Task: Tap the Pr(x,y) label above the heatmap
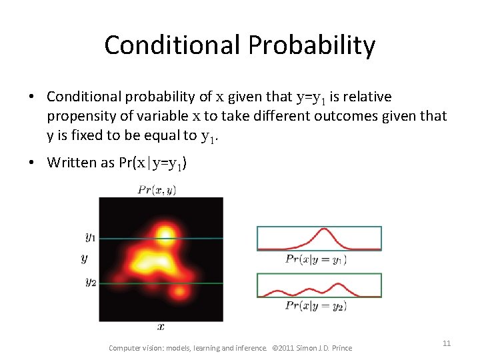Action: (156, 189)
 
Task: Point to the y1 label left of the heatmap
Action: (90, 236)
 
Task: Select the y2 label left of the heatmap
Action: (90, 282)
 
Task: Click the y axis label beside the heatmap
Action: (83, 258)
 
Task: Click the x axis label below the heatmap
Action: (161, 327)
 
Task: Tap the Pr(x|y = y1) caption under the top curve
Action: (315, 259)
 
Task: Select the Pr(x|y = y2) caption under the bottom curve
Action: (315, 305)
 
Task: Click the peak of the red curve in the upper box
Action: (325, 230)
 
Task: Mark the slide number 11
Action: (447, 343)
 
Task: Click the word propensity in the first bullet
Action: (80, 116)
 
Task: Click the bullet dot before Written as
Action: (32, 163)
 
